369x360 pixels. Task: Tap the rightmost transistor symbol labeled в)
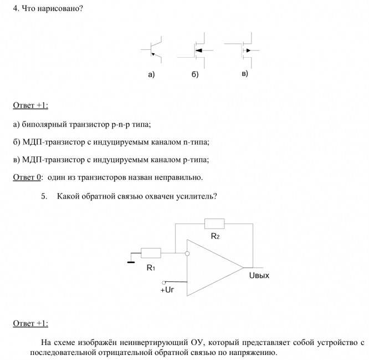(244, 49)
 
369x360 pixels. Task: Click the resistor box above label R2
(214, 224)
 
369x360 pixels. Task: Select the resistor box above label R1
(151, 253)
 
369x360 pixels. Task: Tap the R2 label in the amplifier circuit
(215, 236)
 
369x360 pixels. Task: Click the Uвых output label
(259, 275)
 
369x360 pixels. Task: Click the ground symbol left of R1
(131, 260)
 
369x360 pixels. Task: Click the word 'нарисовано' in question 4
(59, 9)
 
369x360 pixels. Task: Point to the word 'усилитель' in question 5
(196, 196)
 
